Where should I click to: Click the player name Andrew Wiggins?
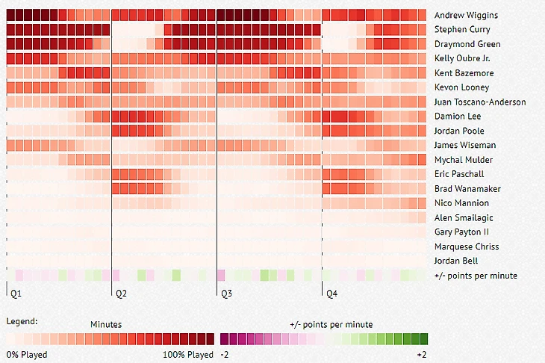coord(466,15)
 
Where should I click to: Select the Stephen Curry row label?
coord(462,30)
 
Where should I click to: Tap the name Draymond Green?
coord(468,44)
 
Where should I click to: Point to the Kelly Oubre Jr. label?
coord(466,58)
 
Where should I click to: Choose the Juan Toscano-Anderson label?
coord(480,102)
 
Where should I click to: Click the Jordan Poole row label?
coord(458,131)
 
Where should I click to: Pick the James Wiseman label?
coord(464,145)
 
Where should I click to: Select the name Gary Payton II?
coord(461,232)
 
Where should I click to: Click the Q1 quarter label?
coord(16,294)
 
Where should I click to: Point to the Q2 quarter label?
coord(121,294)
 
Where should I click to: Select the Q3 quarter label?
coord(226,294)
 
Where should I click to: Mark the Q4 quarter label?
coord(331,294)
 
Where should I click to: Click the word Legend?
coord(22,321)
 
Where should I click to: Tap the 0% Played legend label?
coord(27,354)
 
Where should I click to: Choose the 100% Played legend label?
coord(187,354)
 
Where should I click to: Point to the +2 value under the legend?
coord(421,354)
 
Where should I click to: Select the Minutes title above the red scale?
coord(106,324)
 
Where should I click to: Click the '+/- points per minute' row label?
coord(475,276)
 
